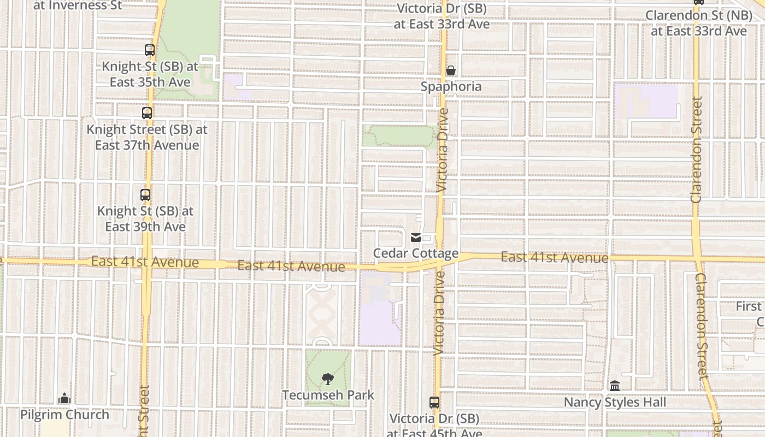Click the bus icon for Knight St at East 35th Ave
click(150, 50)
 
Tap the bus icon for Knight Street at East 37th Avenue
click(147, 113)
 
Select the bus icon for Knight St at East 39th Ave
click(145, 194)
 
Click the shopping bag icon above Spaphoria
click(451, 70)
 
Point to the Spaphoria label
click(451, 86)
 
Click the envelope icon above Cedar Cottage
click(416, 238)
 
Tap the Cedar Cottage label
click(416, 253)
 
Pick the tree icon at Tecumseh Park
click(327, 379)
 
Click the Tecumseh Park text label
click(328, 395)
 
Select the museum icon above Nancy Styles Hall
click(615, 386)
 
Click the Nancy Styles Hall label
click(615, 403)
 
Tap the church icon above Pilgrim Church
click(64, 398)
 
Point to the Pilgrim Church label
click(64, 415)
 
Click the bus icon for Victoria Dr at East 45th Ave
click(434, 403)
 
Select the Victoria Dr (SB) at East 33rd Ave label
click(442, 16)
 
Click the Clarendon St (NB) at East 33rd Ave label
click(698, 23)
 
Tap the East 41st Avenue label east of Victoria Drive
click(554, 257)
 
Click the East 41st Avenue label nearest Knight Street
click(145, 262)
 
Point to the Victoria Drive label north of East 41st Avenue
click(443, 149)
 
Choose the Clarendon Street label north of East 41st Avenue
click(696, 150)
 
